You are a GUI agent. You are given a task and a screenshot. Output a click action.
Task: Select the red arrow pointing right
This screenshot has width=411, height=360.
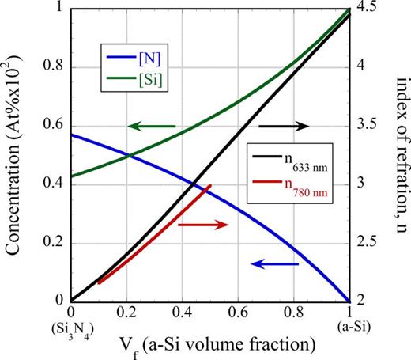click(x=202, y=225)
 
